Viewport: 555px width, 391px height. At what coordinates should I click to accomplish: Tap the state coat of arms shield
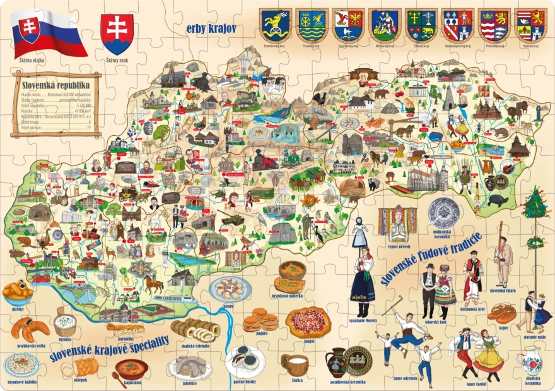coord(117,33)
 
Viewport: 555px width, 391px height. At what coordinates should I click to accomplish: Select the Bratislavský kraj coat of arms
coord(276,26)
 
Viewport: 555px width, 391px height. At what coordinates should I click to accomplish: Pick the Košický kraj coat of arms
coord(531,26)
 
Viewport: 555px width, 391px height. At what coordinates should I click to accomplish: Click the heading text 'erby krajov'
coord(211,28)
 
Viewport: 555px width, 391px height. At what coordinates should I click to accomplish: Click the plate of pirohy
coord(230,289)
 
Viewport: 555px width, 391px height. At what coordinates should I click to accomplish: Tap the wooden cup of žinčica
coord(295,364)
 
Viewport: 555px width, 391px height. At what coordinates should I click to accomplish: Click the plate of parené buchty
coord(245,362)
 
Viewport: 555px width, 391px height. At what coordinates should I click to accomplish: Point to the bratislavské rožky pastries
coord(30,328)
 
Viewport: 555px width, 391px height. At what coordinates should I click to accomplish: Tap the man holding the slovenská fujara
coord(503,259)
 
